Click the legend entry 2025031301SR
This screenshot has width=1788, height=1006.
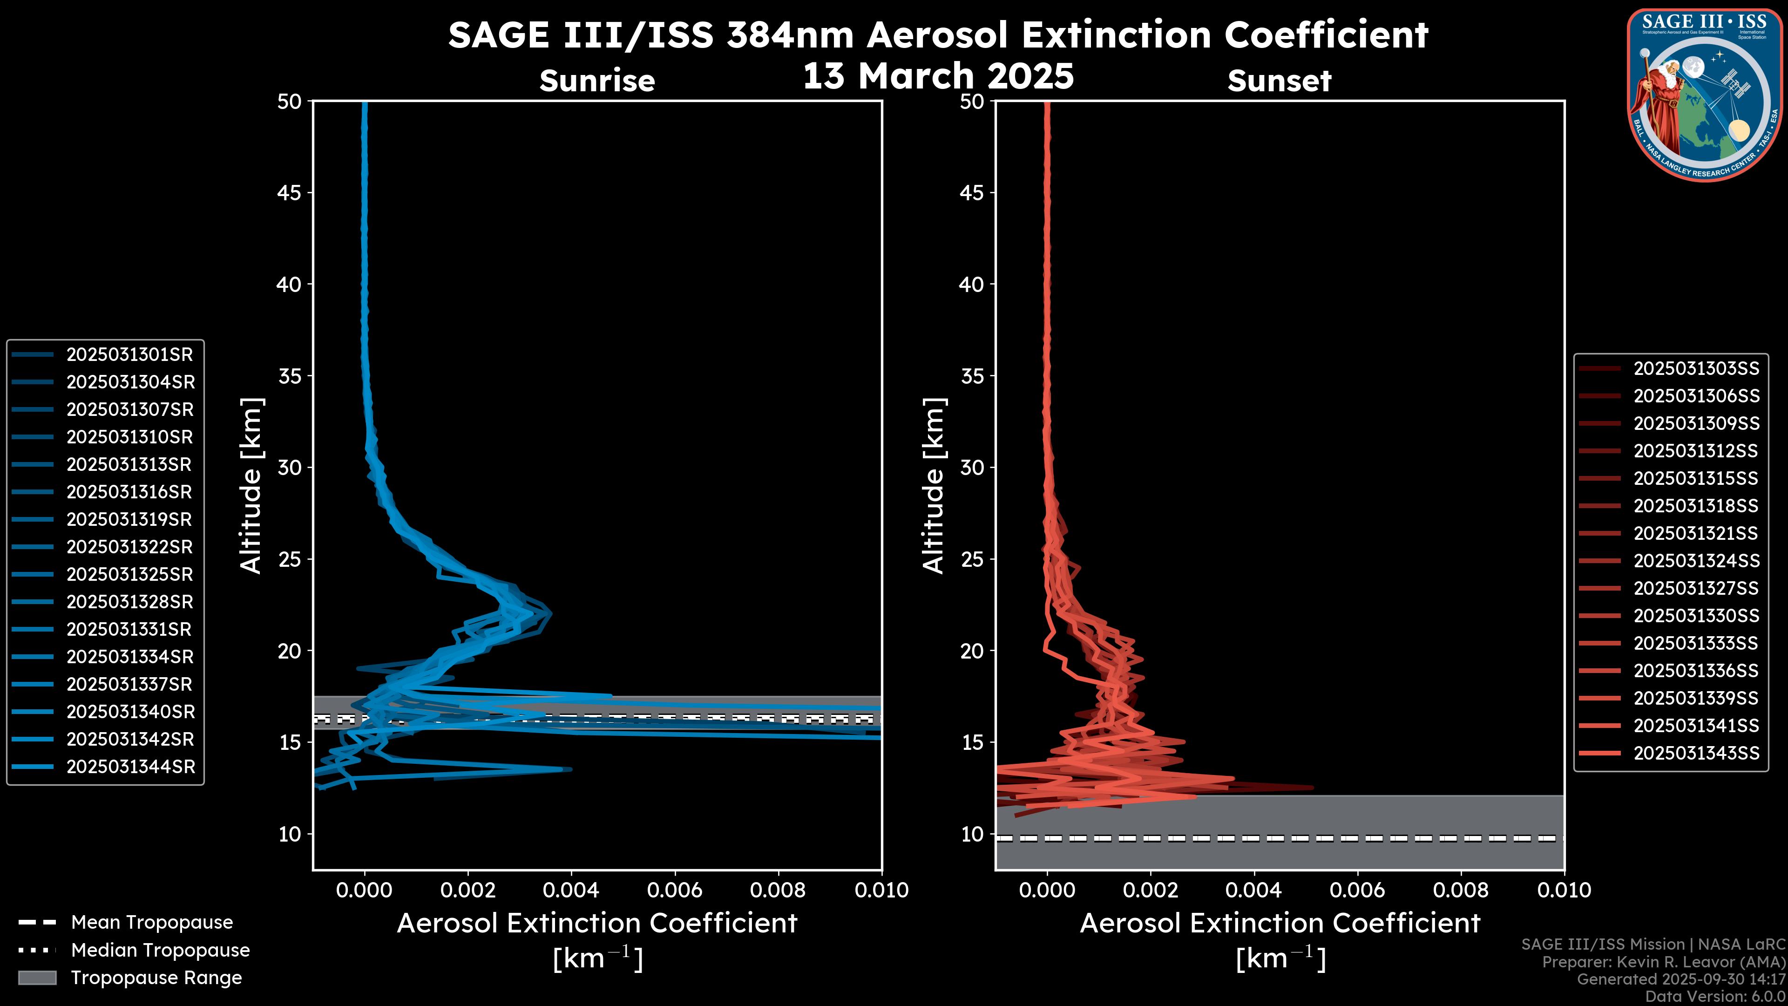click(129, 355)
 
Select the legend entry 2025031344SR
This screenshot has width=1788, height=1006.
click(130, 767)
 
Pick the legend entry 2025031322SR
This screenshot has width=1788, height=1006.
click(129, 547)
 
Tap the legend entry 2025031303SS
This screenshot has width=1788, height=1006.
click(1696, 369)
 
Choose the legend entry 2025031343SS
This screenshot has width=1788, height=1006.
click(1696, 753)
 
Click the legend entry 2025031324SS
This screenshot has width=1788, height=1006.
click(1696, 561)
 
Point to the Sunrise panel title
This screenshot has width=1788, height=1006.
click(597, 81)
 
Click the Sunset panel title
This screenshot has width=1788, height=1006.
click(1279, 81)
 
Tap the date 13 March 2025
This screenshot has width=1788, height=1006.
click(938, 75)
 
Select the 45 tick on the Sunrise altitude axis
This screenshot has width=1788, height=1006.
click(290, 193)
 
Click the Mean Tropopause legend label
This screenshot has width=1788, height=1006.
click(152, 923)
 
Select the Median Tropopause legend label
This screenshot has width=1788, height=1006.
click(160, 951)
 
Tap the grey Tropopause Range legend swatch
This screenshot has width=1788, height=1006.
click(37, 978)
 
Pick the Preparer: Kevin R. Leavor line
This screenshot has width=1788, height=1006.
click(1663, 962)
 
